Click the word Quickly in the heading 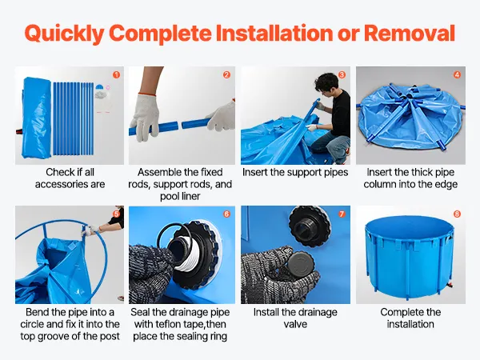pos(64,34)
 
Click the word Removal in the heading pos(410,33)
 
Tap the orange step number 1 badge pos(116,74)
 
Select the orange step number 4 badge pos(457,74)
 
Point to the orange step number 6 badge pos(227,214)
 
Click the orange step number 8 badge pos(457,214)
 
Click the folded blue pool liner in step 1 pos(37,118)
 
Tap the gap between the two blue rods pos(180,126)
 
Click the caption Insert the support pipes pos(295,172)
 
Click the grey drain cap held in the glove pos(301,264)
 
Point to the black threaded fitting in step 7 pos(310,226)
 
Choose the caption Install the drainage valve pos(295,318)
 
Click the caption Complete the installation pos(410,318)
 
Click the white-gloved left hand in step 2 pos(145,118)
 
